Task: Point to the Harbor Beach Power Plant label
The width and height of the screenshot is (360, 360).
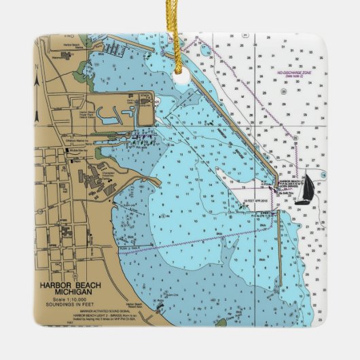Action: pos(87,115)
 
